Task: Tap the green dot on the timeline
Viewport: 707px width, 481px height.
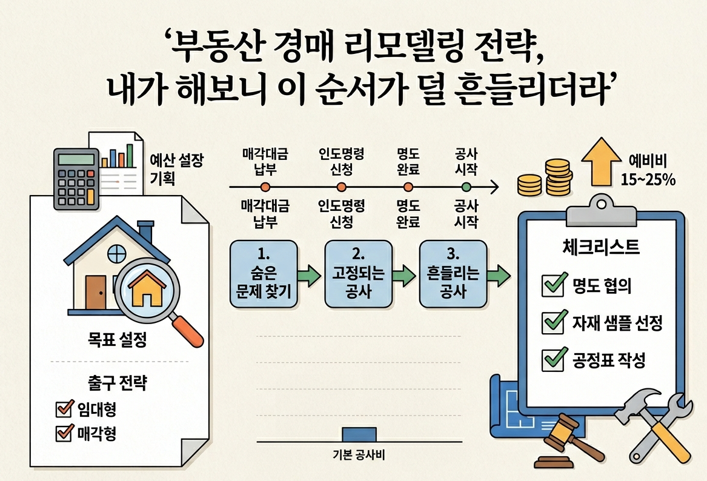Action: tap(466, 187)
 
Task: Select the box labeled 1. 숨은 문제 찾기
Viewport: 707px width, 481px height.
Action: tap(264, 274)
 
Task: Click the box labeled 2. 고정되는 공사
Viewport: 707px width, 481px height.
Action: tap(358, 274)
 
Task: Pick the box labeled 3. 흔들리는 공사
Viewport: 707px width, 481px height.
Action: tap(453, 274)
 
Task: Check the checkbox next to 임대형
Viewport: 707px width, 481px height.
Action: tap(64, 410)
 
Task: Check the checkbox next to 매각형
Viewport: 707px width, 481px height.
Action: tap(64, 433)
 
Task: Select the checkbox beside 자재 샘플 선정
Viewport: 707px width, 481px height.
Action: tap(552, 323)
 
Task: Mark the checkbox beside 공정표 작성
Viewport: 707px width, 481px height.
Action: tap(552, 360)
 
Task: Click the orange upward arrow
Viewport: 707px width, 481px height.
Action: tap(600, 161)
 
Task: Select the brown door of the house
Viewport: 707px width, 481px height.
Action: tap(95, 292)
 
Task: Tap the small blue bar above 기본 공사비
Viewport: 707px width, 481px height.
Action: tap(359, 434)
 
